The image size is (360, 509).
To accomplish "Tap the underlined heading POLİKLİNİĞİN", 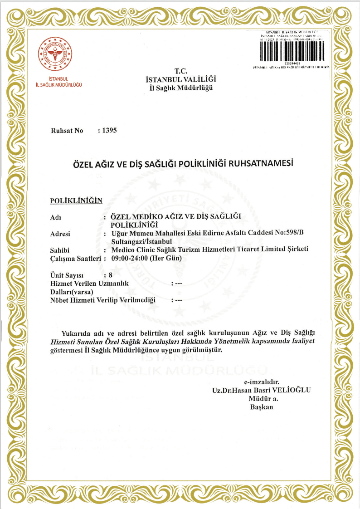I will click(x=76, y=201).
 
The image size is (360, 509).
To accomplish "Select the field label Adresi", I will click(x=61, y=234).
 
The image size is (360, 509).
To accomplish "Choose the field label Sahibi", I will click(x=60, y=250).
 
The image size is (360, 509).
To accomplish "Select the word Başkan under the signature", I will click(x=262, y=407).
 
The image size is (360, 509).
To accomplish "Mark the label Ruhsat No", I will click(x=67, y=131).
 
